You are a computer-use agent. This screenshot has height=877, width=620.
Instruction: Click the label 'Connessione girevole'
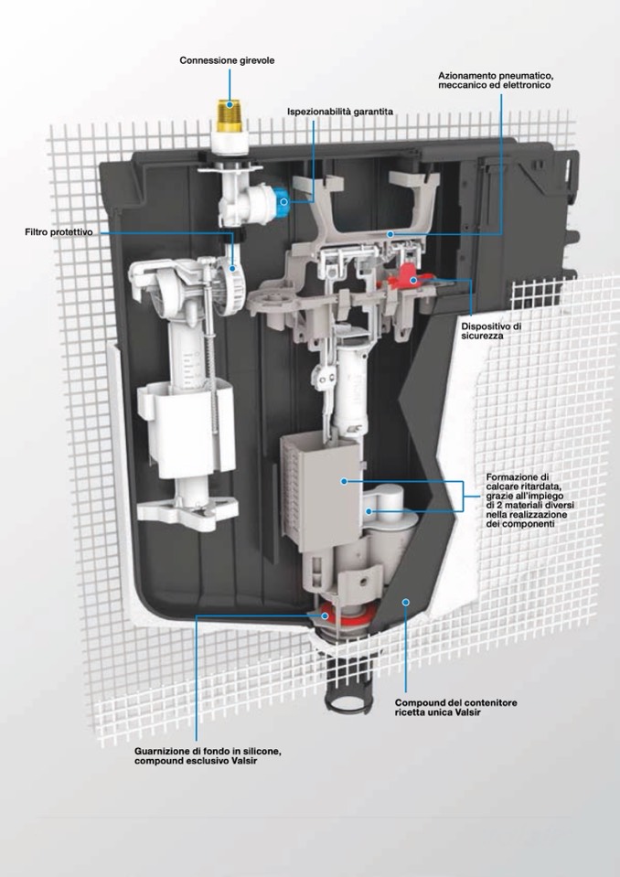click(227, 60)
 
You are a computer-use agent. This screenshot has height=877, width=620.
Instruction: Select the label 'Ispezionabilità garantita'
click(340, 112)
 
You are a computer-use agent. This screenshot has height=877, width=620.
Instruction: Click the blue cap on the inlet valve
click(283, 201)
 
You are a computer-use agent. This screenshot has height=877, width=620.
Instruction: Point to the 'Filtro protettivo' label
click(59, 231)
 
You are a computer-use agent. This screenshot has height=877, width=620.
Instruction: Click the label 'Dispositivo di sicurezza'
click(491, 330)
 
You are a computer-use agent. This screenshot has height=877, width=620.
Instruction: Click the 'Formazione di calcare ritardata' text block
click(530, 500)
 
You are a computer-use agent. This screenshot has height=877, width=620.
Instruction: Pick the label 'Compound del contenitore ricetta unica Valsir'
click(455, 708)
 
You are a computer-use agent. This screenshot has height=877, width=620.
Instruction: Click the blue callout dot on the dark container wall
click(406, 602)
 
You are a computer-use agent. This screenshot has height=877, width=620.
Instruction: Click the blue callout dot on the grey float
click(344, 481)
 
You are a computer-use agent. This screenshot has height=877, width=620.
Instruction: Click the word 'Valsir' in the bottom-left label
click(244, 761)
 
